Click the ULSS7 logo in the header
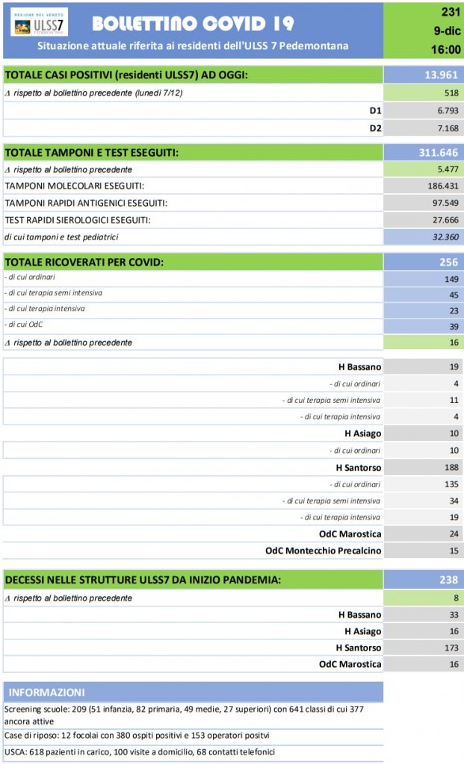pyautogui.click(x=39, y=22)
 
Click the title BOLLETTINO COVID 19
pyautogui.click(x=193, y=24)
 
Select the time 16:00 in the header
pyautogui.click(x=447, y=49)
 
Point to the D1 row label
pyautogui.click(x=375, y=110)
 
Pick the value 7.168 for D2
pyautogui.click(x=444, y=128)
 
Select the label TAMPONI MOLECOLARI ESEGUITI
pyautogui.click(x=75, y=186)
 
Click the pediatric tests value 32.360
pyautogui.click(x=444, y=237)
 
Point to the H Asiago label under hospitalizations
pyautogui.click(x=362, y=433)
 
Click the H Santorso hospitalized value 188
pyautogui.click(x=449, y=468)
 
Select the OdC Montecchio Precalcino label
pyautogui.click(x=324, y=551)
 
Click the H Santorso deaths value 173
pyautogui.click(x=449, y=648)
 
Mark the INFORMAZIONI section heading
pyautogui.click(x=46, y=692)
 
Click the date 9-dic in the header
pyautogui.click(x=447, y=31)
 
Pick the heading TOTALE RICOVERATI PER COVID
pyautogui.click(x=84, y=262)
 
